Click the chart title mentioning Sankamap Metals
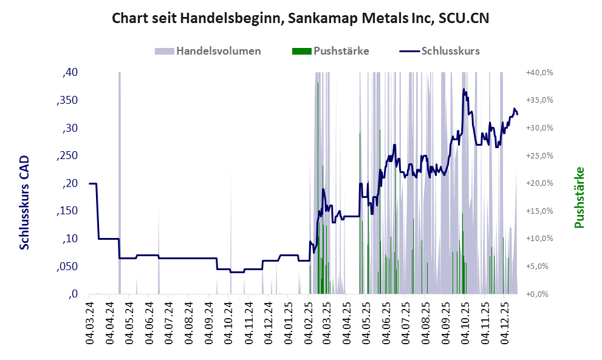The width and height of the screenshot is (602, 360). point(301,19)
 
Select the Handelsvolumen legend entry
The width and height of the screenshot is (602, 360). point(210,51)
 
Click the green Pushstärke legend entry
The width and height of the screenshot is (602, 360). point(331,51)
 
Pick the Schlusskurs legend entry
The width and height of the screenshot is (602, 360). point(440,51)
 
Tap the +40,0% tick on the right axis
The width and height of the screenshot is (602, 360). point(539,73)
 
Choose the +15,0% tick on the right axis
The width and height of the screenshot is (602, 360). point(539,211)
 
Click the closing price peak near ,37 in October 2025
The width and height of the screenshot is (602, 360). point(464,90)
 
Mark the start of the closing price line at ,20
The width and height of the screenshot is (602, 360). point(90,183)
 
